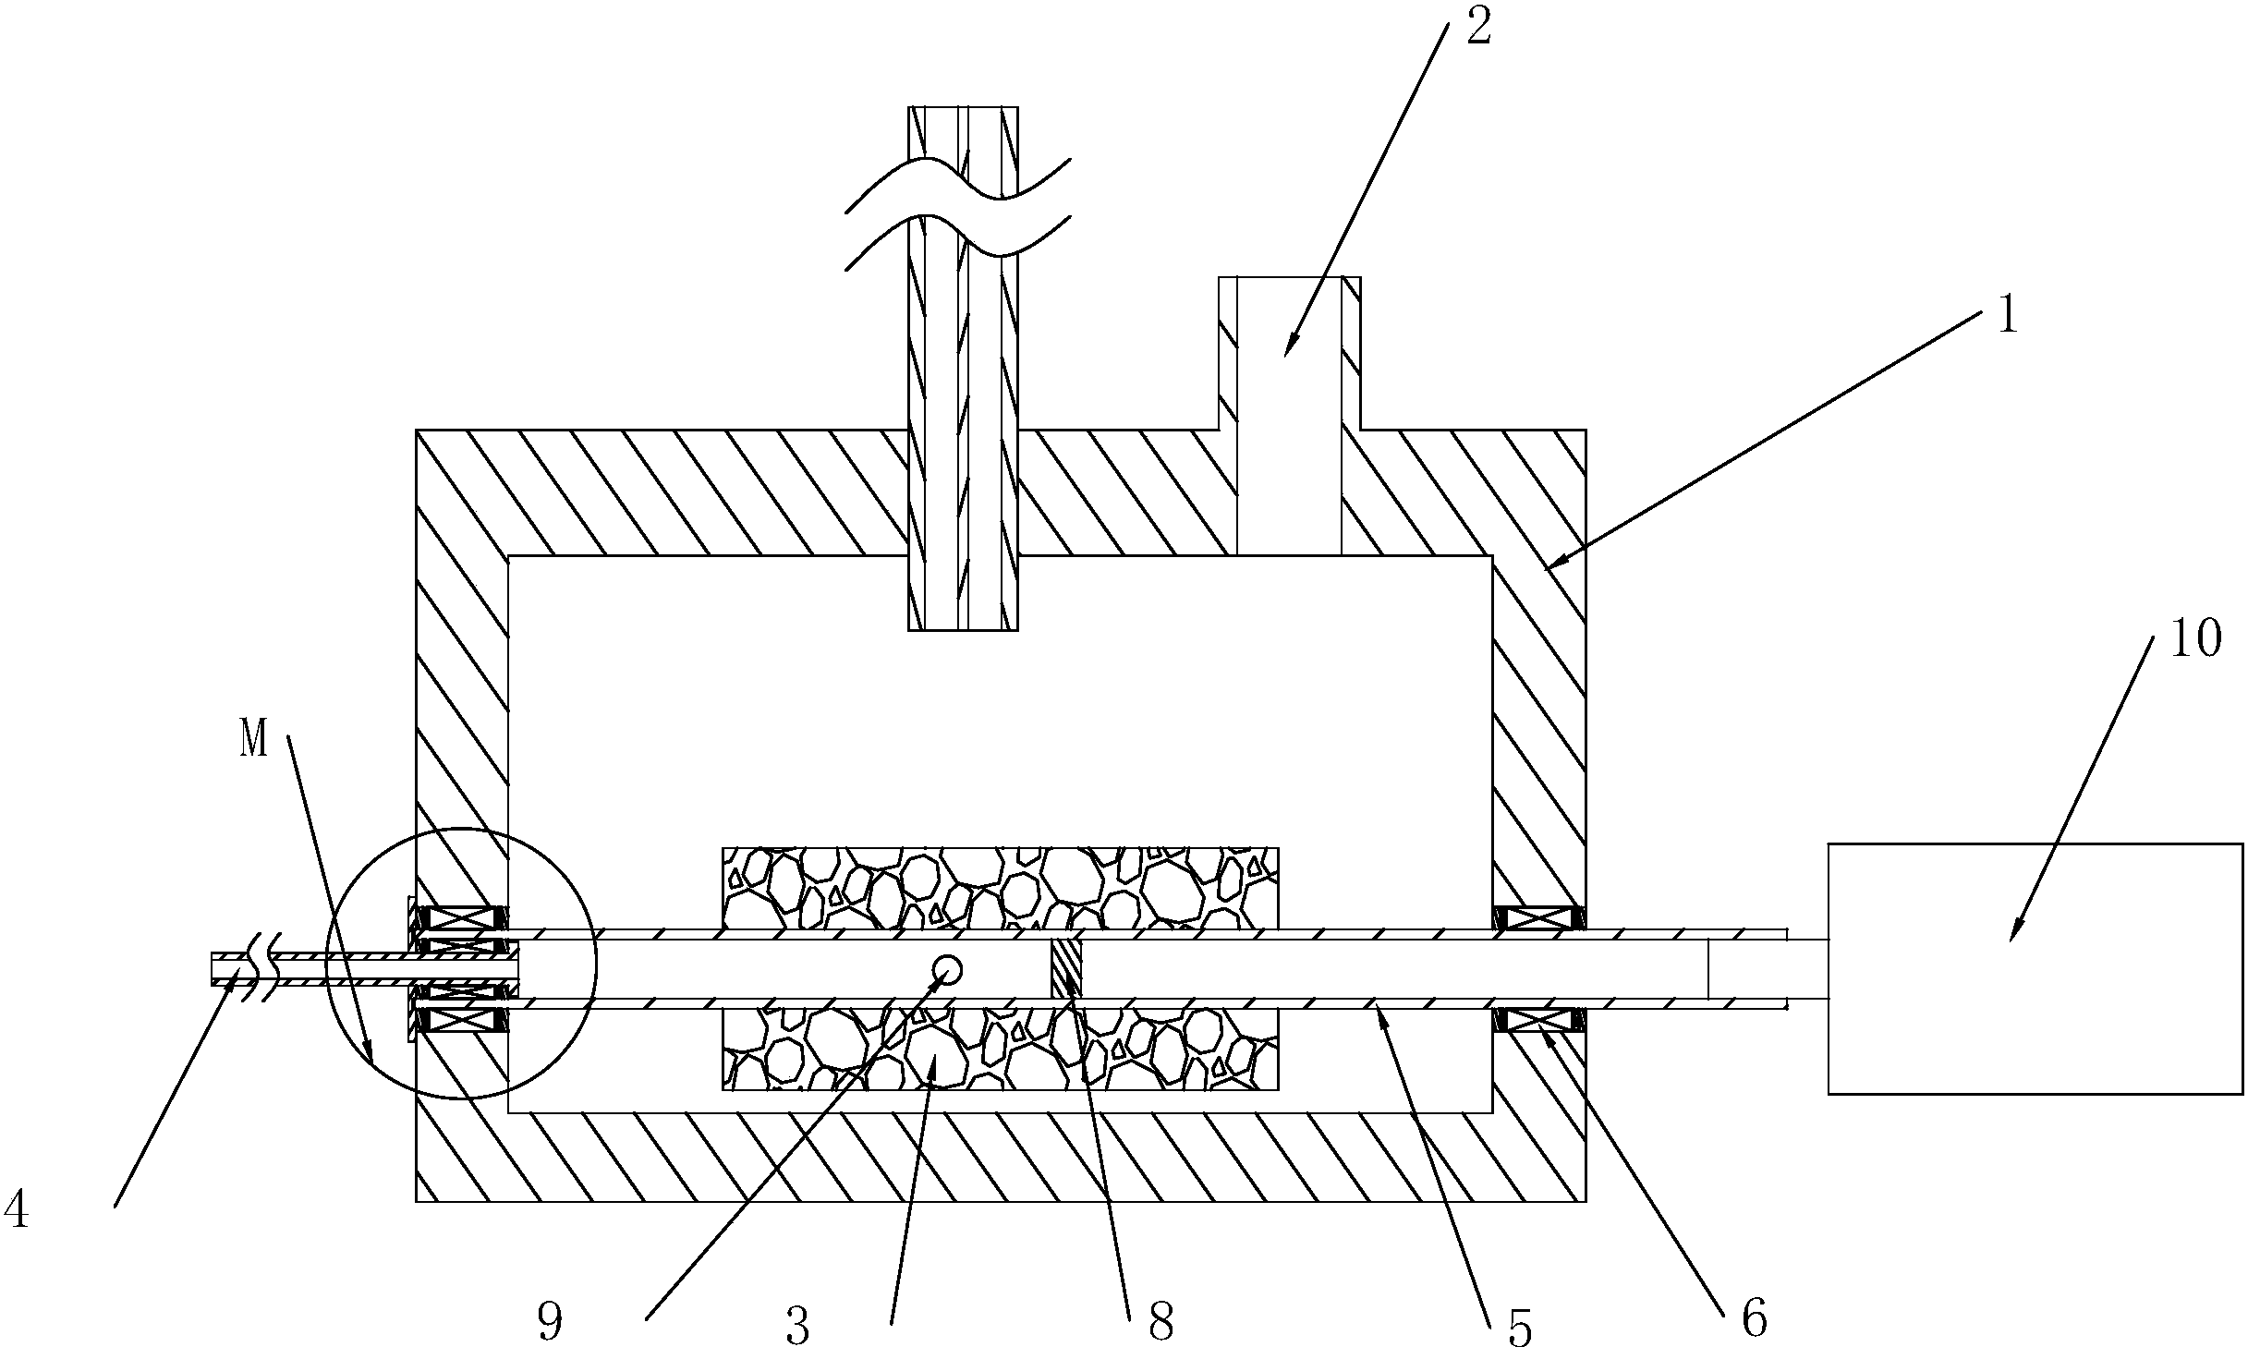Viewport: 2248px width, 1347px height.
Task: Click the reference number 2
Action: click(x=1478, y=29)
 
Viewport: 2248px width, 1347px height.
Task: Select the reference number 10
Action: click(x=2194, y=638)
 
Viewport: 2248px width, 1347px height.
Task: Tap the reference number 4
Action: click(x=16, y=1210)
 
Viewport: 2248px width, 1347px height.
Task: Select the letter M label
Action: click(x=254, y=741)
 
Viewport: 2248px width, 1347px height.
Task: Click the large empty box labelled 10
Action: click(x=2035, y=968)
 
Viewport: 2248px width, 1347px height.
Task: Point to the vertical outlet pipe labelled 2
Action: click(x=1290, y=416)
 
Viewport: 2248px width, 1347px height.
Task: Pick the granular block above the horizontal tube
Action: click(x=1001, y=888)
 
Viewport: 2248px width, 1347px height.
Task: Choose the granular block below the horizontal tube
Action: click(x=1001, y=1049)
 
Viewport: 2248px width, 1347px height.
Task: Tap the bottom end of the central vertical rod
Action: click(x=963, y=630)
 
